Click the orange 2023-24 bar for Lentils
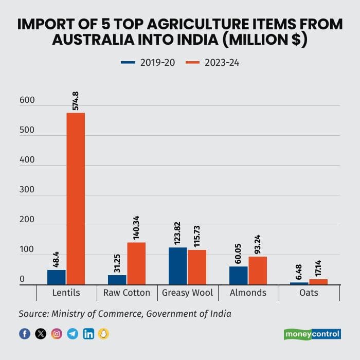click(75, 198)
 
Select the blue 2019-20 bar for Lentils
click(57, 277)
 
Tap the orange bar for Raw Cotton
click(136, 263)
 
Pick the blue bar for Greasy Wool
click(178, 266)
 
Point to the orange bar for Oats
click(318, 282)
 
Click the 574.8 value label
click(76, 101)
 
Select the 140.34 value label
click(137, 223)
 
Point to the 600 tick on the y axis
click(27, 101)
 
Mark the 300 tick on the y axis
click(27, 190)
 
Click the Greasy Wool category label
click(188, 293)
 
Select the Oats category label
click(309, 293)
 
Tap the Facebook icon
click(25, 334)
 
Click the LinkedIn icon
click(88, 334)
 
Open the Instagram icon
click(57, 334)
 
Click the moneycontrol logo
click(312, 334)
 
